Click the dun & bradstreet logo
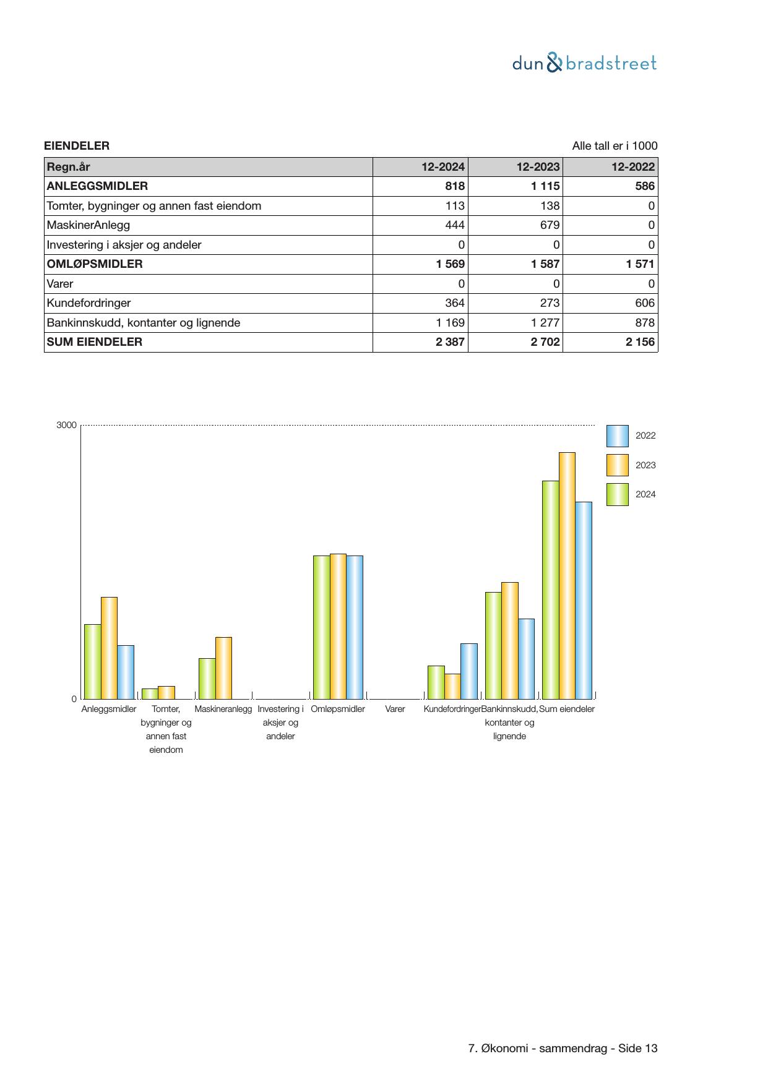point(584,63)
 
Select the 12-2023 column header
point(538,167)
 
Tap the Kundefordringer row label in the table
point(89,303)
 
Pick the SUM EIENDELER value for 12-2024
point(450,342)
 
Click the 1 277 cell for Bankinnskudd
point(545,323)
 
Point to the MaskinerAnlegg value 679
point(550,225)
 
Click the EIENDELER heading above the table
point(77,146)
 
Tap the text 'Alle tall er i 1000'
point(615,146)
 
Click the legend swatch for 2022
point(617,435)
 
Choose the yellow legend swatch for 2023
point(617,465)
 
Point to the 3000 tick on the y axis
point(66,425)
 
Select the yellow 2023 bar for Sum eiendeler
point(567,575)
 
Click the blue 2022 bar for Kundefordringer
point(469,671)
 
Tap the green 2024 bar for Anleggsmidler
point(93,661)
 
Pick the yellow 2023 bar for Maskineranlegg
point(223,668)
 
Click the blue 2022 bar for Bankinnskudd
point(526,659)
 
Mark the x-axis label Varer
point(395,709)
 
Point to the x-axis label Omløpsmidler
point(338,709)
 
